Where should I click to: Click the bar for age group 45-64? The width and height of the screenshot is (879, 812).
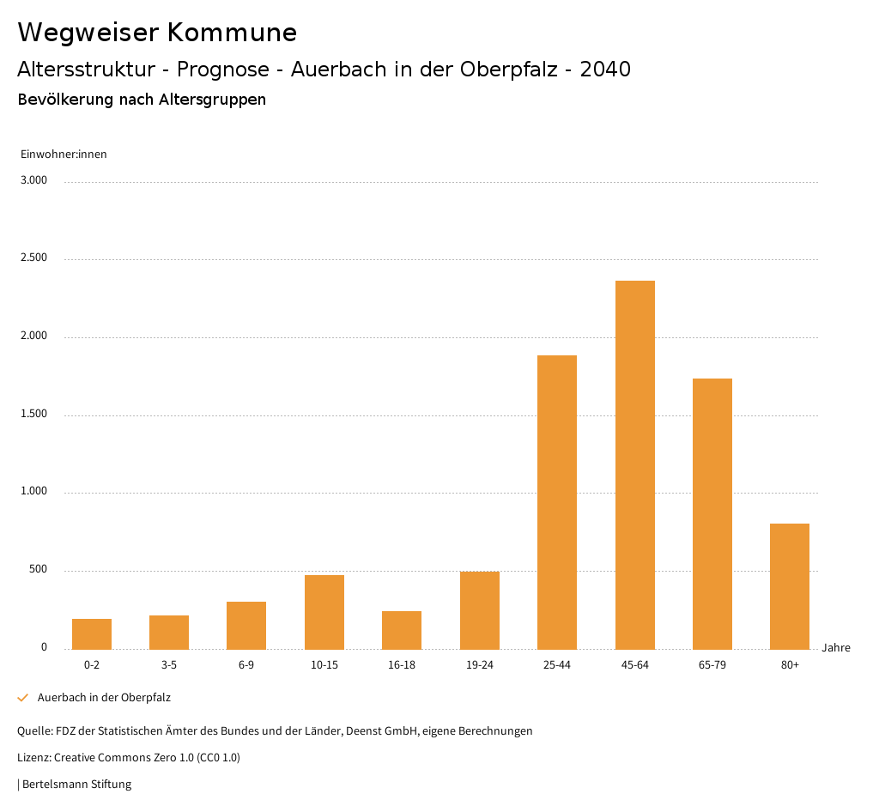(x=634, y=464)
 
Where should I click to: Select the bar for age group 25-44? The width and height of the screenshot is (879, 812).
(x=557, y=502)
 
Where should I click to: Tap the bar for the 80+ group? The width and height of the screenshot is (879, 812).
(x=790, y=586)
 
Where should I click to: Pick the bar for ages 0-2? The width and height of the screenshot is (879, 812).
(x=92, y=633)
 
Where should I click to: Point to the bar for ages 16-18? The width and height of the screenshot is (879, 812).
(x=402, y=630)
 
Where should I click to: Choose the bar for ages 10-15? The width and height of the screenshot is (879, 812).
(x=324, y=612)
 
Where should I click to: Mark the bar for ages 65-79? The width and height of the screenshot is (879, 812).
(x=712, y=513)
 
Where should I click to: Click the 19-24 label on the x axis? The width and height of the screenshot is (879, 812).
(x=479, y=665)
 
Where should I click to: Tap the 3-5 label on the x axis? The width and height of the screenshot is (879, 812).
(x=169, y=665)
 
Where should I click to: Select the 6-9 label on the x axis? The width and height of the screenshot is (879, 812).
(x=246, y=665)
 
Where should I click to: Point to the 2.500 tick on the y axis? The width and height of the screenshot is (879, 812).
(x=33, y=258)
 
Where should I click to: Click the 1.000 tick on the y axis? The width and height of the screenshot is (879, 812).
(x=33, y=492)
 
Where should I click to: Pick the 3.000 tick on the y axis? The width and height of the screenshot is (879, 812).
(x=33, y=180)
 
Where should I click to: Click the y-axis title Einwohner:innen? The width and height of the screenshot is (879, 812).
(x=64, y=155)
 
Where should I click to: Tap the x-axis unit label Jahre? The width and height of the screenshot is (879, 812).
(x=836, y=648)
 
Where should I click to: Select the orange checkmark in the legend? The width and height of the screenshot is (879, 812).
(x=23, y=698)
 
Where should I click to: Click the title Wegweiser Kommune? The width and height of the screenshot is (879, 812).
(x=157, y=33)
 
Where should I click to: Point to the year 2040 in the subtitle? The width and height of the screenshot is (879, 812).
(x=605, y=70)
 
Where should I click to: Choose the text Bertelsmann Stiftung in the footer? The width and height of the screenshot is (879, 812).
(x=76, y=785)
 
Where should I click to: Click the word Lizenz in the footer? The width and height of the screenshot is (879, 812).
(x=33, y=758)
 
